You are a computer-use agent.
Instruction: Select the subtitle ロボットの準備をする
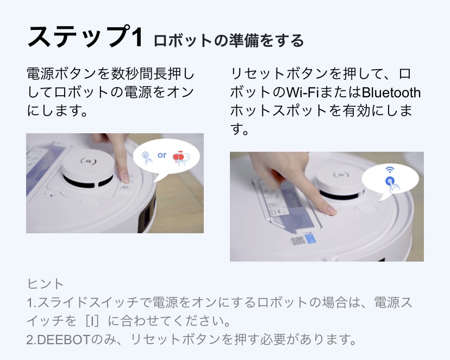[x=228, y=40]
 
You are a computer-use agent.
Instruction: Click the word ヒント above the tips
[x=45, y=283]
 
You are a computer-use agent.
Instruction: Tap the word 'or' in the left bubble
[x=162, y=155]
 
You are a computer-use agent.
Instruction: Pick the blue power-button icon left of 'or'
[x=146, y=157]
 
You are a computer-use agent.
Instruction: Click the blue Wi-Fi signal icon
[x=390, y=170]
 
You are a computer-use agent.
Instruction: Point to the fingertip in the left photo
[x=125, y=177]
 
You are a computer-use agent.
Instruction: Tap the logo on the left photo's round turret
[x=87, y=160]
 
